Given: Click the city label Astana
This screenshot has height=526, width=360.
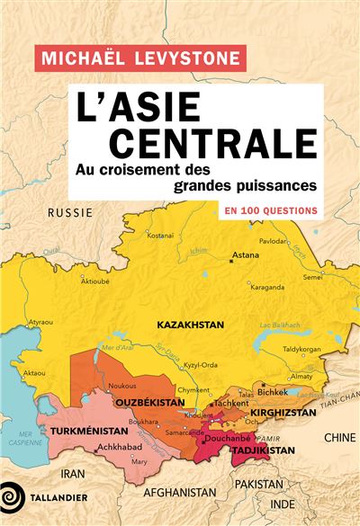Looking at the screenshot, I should pos(245,254).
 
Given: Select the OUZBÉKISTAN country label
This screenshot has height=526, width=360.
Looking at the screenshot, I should pos(145,405).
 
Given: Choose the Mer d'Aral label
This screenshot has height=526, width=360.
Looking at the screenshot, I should pos(121,347).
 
